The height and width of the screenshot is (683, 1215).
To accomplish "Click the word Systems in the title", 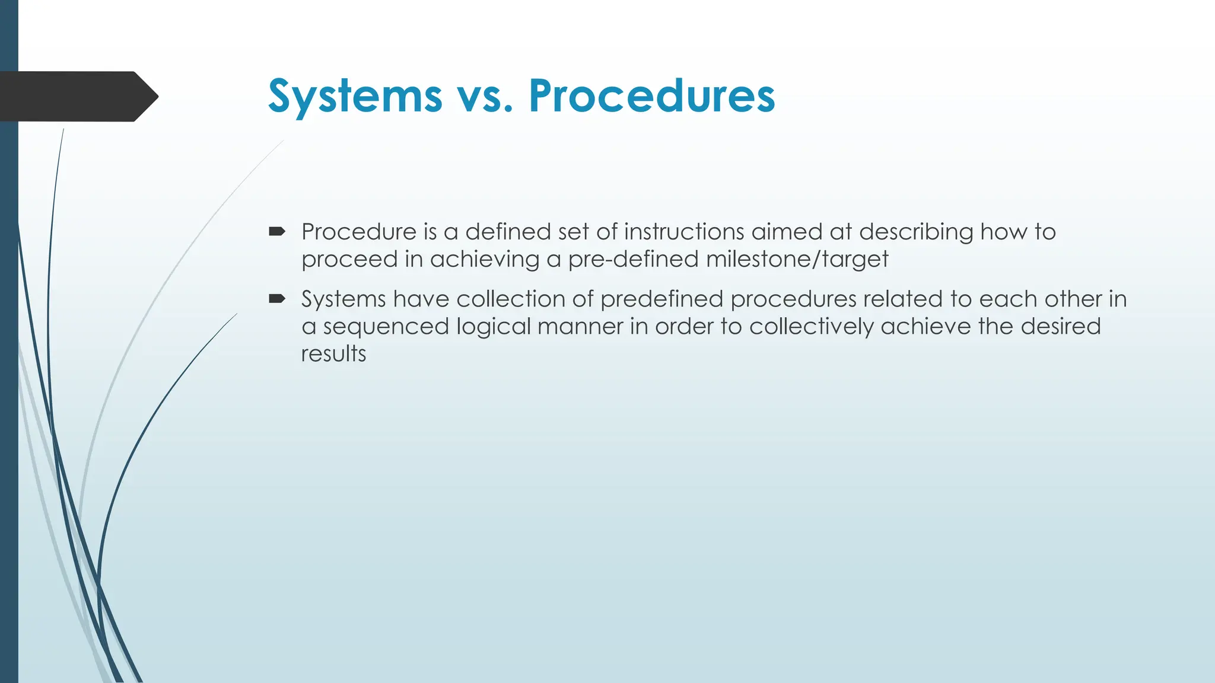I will (x=355, y=96).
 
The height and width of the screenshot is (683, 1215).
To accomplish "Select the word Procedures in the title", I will (x=651, y=96).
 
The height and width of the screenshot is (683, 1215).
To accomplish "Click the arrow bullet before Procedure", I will (x=276, y=231).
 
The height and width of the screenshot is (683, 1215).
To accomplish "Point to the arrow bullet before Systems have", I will (x=276, y=299).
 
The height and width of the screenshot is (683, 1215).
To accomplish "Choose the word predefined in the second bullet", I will (x=661, y=299).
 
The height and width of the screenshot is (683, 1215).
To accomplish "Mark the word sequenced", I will (x=386, y=326).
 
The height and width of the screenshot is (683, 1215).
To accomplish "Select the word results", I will (x=333, y=354).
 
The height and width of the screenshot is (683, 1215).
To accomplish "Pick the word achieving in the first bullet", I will (x=484, y=259).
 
